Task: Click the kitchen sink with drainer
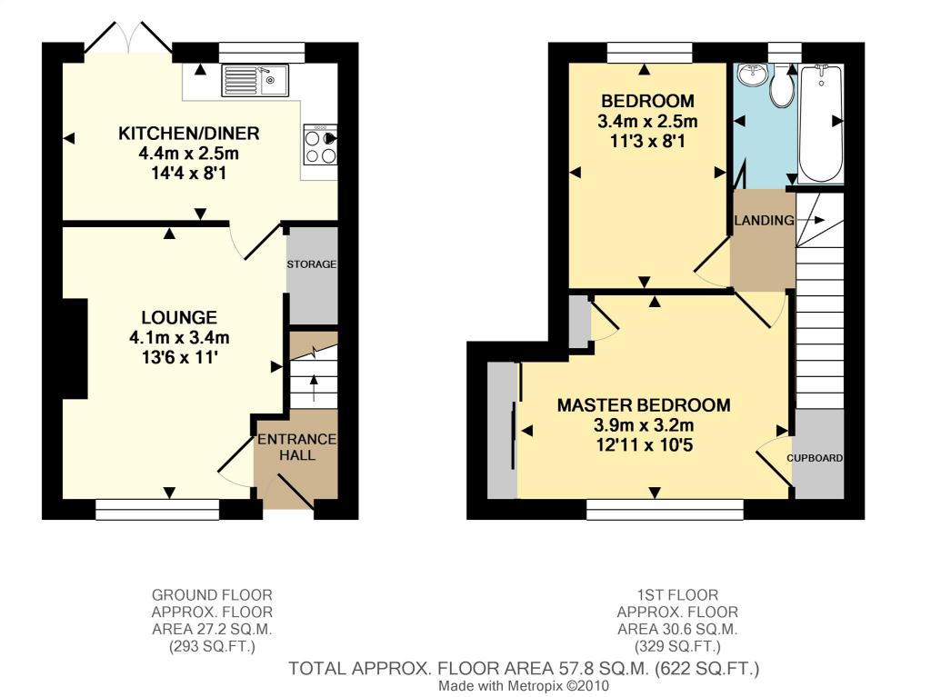(x=255, y=80)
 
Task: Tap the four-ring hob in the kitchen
(x=320, y=144)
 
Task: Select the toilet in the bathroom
(x=781, y=86)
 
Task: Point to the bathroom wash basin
(x=752, y=75)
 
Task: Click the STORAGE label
(x=312, y=264)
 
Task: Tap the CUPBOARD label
(x=815, y=458)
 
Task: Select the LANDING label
(x=764, y=220)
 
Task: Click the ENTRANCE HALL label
(x=297, y=447)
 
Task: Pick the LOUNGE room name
(x=179, y=318)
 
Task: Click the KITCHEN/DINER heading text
(x=189, y=133)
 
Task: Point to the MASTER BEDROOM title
(x=644, y=405)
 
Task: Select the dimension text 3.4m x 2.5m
(x=647, y=122)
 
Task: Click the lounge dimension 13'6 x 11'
(x=179, y=358)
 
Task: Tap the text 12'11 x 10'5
(x=645, y=445)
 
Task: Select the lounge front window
(x=157, y=510)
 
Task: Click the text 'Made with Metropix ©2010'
(x=524, y=686)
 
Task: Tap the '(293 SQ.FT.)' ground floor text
(x=212, y=646)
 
